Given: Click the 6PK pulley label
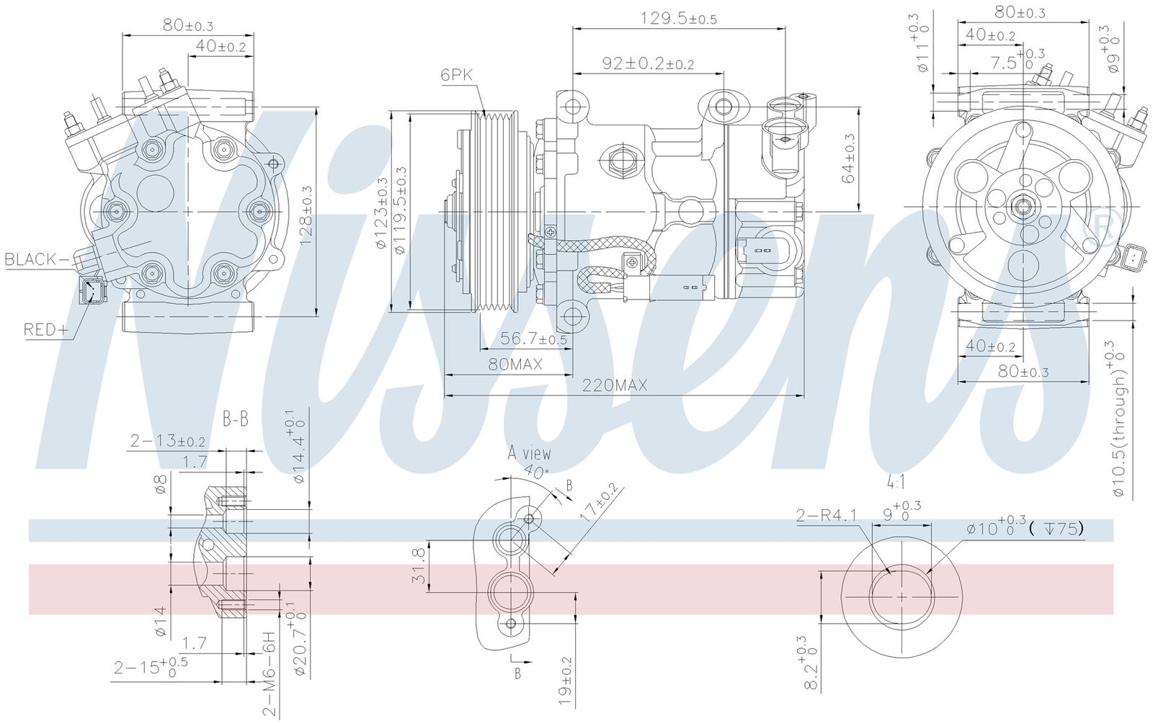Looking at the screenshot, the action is (x=456, y=75).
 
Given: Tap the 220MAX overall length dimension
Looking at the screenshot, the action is (x=615, y=385).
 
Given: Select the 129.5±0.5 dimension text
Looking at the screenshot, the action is (x=678, y=19).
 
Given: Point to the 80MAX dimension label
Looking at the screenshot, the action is (x=515, y=364).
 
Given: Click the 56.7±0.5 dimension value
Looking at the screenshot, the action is (x=533, y=339).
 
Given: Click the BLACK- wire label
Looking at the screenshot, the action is (x=36, y=259).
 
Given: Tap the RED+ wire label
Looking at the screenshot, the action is (x=46, y=329).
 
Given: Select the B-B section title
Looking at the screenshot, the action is (x=235, y=419).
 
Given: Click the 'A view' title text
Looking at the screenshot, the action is (x=529, y=453).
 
